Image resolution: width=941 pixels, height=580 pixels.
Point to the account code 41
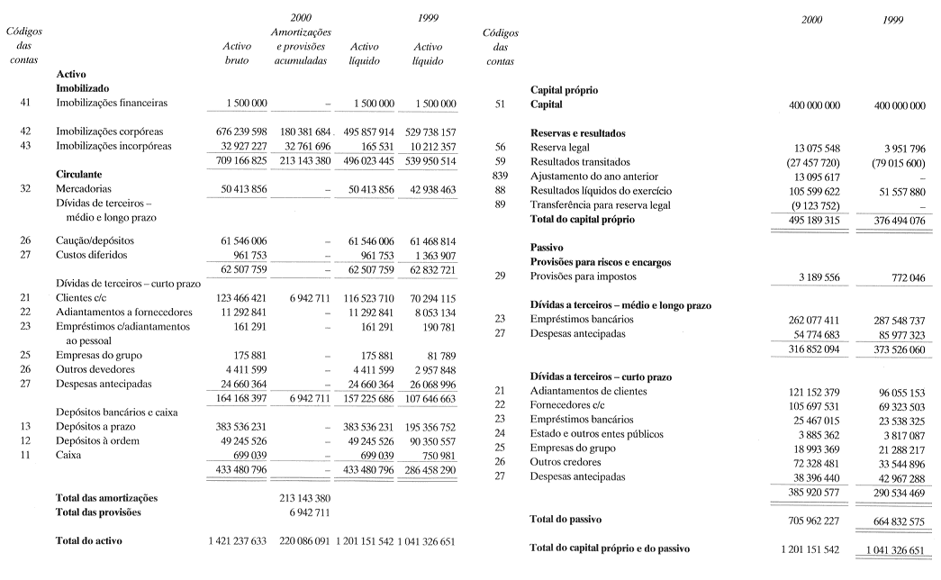click(x=25, y=103)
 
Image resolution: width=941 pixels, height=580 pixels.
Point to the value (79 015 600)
click(x=894, y=161)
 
